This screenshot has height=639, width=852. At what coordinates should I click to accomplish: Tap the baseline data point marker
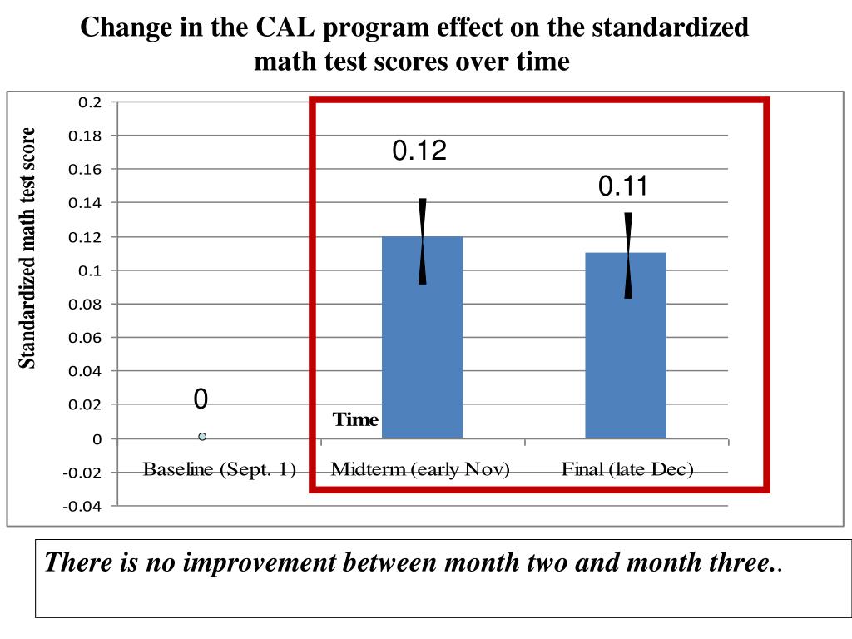[202, 436]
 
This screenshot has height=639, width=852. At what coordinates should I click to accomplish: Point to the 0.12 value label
[419, 151]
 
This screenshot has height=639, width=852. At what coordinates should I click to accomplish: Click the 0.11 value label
[623, 187]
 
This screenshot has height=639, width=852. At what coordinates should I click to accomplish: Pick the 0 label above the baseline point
[201, 400]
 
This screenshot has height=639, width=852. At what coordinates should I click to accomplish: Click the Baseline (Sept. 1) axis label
[220, 469]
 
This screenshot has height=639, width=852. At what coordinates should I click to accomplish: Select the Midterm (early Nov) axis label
[420, 469]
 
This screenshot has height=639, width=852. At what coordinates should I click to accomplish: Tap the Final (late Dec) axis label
[627, 469]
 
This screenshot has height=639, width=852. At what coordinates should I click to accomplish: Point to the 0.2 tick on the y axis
[89, 102]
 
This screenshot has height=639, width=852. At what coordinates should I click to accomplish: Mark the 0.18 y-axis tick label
[86, 136]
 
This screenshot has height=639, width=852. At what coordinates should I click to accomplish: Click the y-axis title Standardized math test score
[27, 248]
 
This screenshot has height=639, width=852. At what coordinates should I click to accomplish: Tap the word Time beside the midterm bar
[355, 419]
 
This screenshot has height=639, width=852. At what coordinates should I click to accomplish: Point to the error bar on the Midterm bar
[423, 241]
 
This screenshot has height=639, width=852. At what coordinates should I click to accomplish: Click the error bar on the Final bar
[628, 255]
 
